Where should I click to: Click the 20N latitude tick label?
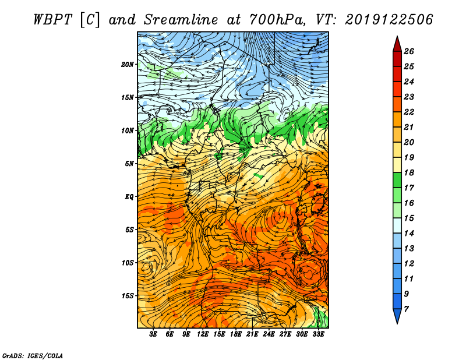coord(128,65)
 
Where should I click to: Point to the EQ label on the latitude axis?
coord(129,197)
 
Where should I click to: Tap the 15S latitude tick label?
coord(128,296)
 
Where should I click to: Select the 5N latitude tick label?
coord(129,164)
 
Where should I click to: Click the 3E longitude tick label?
coord(153,334)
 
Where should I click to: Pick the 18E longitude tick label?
coord(236,334)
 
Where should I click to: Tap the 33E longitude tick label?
coord(318,334)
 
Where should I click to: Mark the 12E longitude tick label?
coord(203,334)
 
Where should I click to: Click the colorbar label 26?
coord(409,51)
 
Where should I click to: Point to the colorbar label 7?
coord(406,309)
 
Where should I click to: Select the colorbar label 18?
coord(409,172)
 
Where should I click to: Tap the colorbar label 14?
coord(409,234)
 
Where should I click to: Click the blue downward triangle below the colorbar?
coord(397,316)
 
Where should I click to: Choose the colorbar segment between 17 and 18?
coord(397,180)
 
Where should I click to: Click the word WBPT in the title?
coord(52,20)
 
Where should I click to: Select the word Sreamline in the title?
coord(181,20)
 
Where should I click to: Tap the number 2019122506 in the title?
coord(389,20)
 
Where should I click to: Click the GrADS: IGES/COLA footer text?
coord(33,356)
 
